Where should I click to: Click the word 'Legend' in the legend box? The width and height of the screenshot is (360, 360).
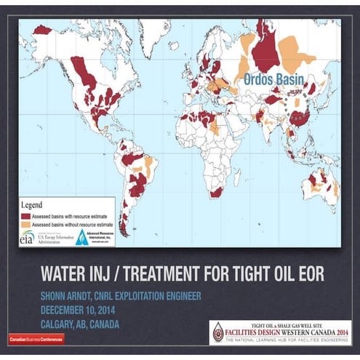(36, 206)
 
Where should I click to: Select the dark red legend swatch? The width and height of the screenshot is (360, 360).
(26, 216)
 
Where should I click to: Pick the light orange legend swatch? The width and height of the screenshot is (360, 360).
(26, 225)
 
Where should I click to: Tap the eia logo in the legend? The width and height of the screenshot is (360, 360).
(27, 237)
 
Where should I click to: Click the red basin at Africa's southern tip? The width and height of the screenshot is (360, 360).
(217, 192)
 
